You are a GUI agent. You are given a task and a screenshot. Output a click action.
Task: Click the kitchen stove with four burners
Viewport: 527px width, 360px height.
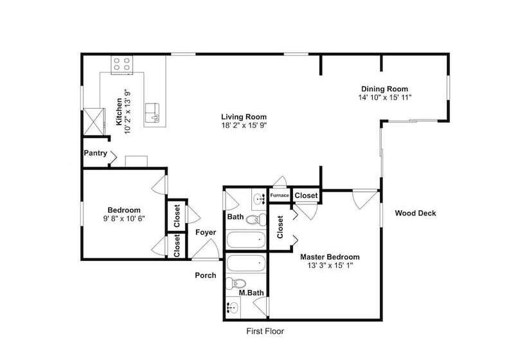(x=121, y=64)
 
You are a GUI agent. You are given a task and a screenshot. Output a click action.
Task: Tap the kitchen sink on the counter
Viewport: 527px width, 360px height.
(x=152, y=113)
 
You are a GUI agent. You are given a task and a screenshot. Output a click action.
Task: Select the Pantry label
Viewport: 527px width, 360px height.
(x=96, y=153)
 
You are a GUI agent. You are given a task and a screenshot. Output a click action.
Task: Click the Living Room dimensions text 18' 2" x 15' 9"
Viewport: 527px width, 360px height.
(x=244, y=126)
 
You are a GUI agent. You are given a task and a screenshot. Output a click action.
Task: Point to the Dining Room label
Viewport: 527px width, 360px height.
(x=385, y=89)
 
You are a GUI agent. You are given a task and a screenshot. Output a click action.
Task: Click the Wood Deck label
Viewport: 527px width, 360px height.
(x=415, y=213)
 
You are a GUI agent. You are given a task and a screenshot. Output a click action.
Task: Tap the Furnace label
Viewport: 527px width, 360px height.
(x=280, y=195)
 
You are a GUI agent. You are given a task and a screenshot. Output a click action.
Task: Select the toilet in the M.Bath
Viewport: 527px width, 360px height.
(x=236, y=283)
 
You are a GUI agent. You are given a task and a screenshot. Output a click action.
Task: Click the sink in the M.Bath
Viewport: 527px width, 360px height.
(x=233, y=307)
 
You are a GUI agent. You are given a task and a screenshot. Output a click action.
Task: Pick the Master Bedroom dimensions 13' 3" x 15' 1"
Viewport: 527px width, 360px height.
(x=330, y=265)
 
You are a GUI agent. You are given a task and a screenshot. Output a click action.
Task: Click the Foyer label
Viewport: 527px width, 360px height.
(x=206, y=232)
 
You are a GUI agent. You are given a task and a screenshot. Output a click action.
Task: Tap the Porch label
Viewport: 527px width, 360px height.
(x=206, y=275)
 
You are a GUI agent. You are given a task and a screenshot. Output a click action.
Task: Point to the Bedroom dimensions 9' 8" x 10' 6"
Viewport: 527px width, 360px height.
(x=124, y=219)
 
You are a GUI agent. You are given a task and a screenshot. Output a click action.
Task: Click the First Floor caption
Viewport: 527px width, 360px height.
(x=265, y=332)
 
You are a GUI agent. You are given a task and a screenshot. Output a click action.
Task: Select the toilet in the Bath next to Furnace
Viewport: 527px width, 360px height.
(x=256, y=221)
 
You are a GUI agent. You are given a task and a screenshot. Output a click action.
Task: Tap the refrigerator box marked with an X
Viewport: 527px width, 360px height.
(x=94, y=122)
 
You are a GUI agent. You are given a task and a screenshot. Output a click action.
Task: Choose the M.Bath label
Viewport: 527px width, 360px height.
(x=251, y=292)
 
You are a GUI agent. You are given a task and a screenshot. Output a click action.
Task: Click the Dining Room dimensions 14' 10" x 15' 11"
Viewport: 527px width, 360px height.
(x=385, y=98)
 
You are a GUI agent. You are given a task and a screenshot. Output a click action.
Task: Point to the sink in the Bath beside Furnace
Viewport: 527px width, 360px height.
(x=260, y=199)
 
